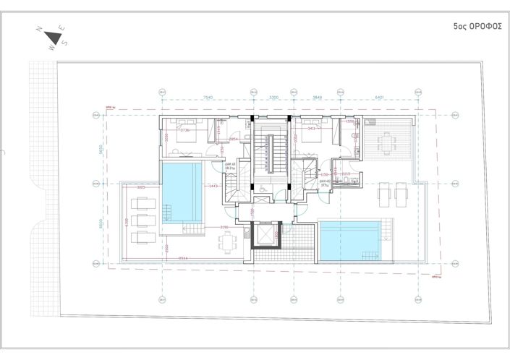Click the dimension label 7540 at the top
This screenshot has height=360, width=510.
coord(207,97)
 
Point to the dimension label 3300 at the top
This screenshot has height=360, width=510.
coord(273,97)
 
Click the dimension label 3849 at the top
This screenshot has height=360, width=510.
coord(317,97)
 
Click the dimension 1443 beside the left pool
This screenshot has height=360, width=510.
coord(213,187)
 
